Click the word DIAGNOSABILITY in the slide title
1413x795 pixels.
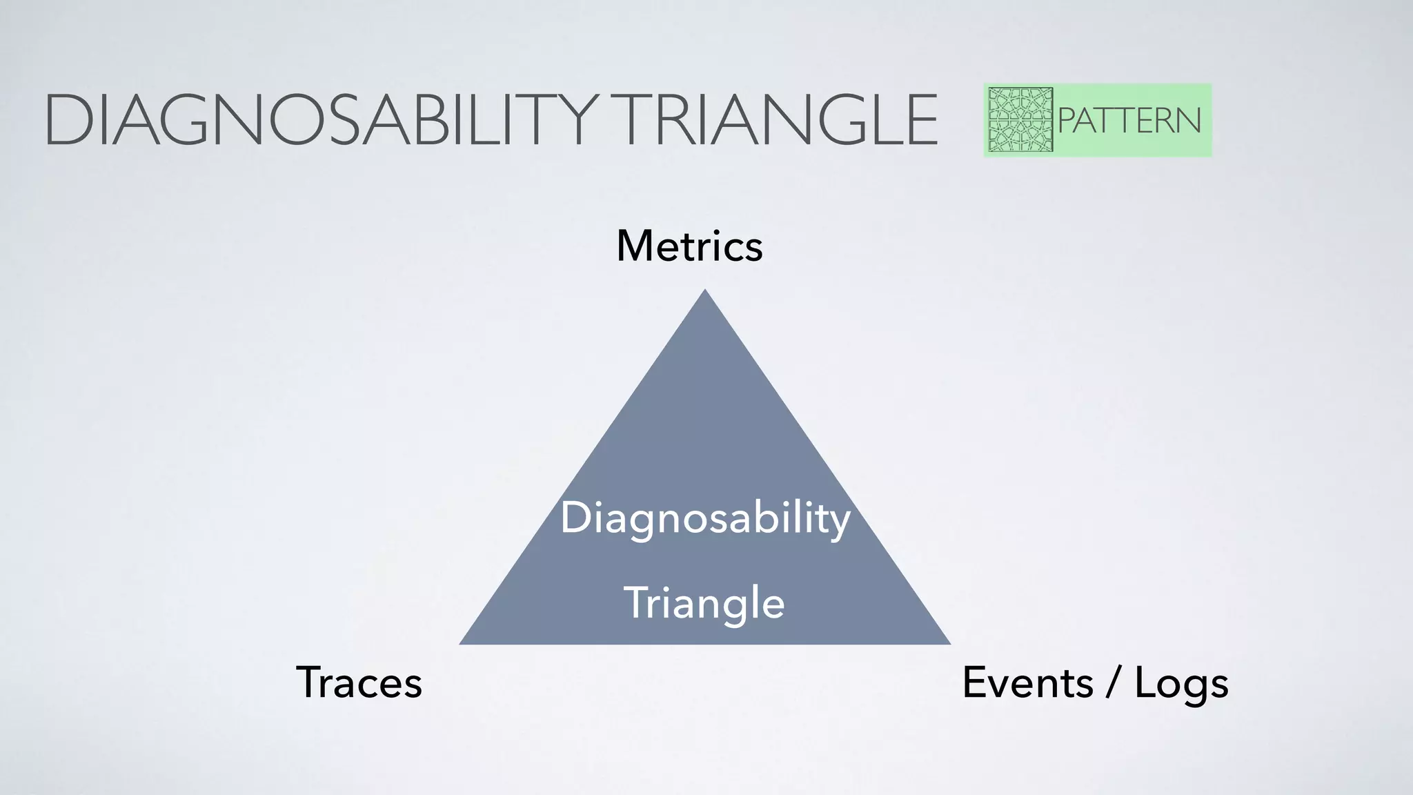(x=319, y=121)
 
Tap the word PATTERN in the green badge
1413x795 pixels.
(x=1129, y=121)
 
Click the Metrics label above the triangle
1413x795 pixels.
(x=689, y=246)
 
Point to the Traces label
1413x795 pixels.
(x=359, y=683)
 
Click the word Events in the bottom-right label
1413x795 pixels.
(x=1027, y=683)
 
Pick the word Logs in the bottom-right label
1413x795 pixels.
(x=1181, y=684)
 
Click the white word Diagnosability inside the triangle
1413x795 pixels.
(x=704, y=518)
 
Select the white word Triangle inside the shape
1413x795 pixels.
(x=704, y=603)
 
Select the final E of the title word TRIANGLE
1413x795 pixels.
(x=920, y=121)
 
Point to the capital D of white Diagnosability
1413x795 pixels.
(x=575, y=518)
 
